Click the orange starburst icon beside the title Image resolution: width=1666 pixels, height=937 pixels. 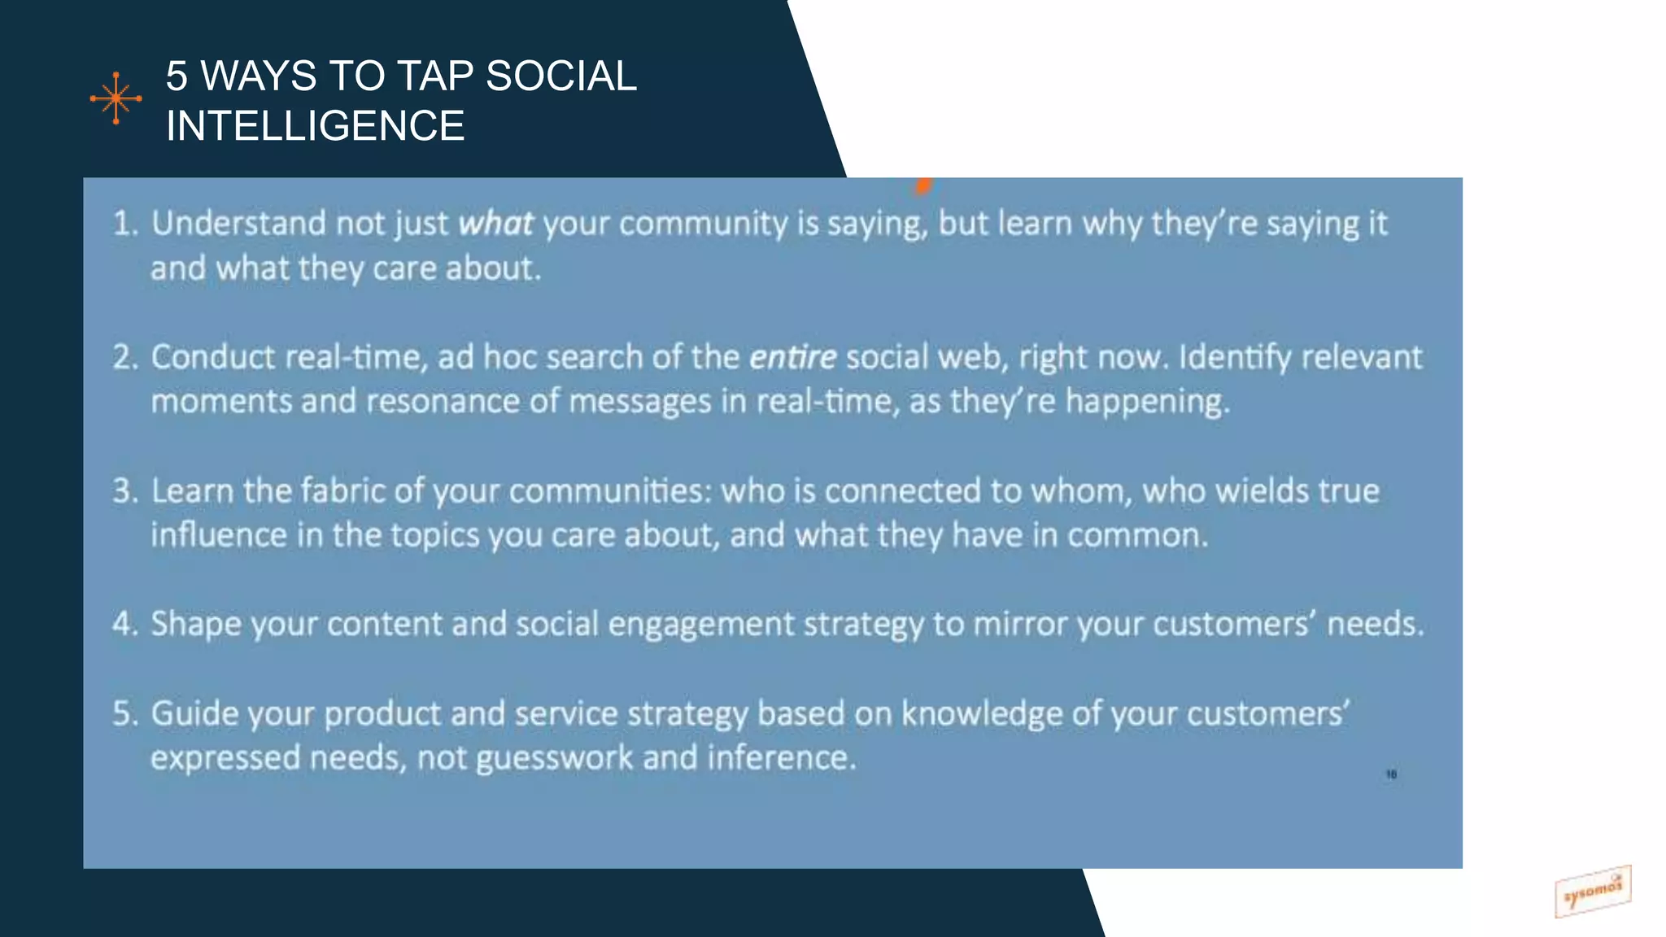point(116,98)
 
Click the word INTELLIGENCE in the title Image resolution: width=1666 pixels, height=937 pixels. point(315,126)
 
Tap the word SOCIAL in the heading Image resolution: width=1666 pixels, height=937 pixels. point(560,76)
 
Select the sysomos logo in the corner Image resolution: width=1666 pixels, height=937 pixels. point(1592,891)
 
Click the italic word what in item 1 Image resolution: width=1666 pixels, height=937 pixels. point(495,224)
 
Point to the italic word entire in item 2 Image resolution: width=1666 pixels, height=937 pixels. point(792,358)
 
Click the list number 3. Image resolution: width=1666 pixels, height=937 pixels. point(124,491)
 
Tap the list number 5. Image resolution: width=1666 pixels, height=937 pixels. point(124,714)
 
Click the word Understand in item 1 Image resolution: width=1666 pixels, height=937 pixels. point(238,224)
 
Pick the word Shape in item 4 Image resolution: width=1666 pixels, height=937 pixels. point(195,625)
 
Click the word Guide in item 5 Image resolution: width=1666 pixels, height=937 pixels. point(194,714)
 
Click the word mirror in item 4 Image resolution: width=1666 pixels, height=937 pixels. point(1020,625)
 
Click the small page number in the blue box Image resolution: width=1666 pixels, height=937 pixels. point(1391,774)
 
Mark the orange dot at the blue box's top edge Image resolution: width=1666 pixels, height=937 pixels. point(922,186)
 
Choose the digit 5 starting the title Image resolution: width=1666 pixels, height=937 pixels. point(177,76)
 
